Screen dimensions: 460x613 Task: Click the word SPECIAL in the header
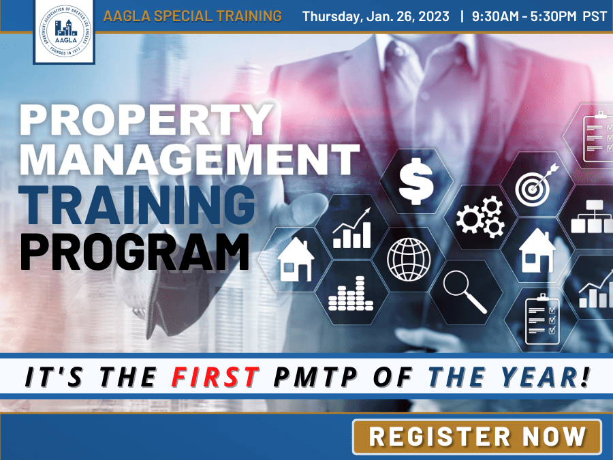[183, 16]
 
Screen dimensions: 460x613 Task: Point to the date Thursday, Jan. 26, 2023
[376, 16]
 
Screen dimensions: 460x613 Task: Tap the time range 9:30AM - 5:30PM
[524, 16]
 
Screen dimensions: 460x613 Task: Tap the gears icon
[479, 214]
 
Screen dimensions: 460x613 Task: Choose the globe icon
[409, 258]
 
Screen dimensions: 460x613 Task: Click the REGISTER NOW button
[477, 437]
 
